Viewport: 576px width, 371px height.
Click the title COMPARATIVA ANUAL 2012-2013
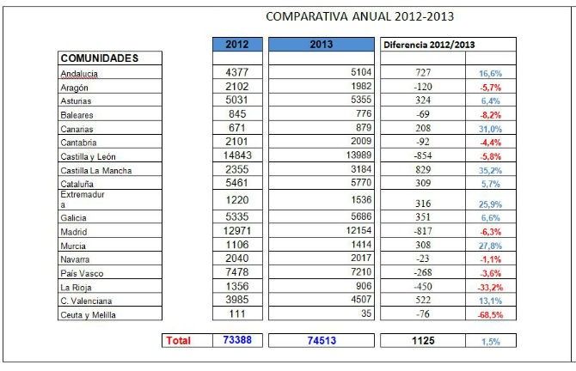360,16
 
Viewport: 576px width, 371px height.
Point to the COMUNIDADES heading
99,58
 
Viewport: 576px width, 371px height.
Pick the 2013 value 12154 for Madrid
357,230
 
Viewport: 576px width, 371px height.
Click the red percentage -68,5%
490,314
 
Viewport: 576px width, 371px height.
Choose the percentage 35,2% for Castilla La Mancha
490,169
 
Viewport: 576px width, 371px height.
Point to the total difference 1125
421,341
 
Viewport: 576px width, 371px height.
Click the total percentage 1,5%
490,341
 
